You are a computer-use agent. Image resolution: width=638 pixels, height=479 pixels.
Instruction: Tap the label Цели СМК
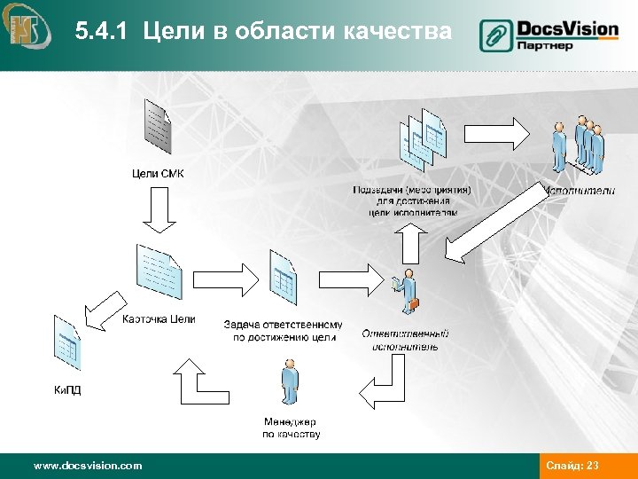(158, 172)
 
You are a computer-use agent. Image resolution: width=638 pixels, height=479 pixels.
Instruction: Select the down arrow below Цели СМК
(158, 214)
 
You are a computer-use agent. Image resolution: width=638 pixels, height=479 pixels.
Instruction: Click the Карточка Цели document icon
(159, 271)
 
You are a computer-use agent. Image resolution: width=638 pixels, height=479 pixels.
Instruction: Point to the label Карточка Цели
(159, 319)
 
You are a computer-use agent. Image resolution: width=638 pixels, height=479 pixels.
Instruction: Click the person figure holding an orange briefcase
(407, 293)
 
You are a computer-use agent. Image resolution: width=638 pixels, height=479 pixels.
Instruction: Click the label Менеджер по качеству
(291, 428)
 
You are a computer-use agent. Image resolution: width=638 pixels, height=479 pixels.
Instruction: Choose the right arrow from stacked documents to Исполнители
(496, 134)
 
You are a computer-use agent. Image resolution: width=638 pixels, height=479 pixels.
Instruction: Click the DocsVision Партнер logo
(549, 35)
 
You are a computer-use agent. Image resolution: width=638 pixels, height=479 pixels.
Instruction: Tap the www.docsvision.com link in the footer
(87, 465)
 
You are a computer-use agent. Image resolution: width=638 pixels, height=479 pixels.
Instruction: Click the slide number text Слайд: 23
(573, 465)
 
